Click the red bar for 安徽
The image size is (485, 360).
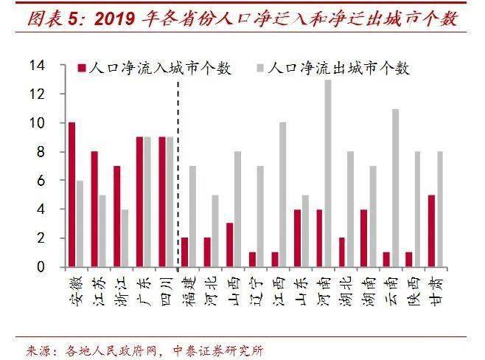pos(71,195)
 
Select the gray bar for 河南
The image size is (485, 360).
pos(328,173)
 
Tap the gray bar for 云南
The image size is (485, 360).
pos(396,188)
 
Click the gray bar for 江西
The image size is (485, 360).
pos(282,195)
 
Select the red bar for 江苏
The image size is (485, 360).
pos(94,210)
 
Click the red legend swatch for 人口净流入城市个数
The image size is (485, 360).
pos(81,69)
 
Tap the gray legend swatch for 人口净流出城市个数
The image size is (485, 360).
pos(259,69)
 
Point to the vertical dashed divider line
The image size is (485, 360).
pos(178,170)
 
